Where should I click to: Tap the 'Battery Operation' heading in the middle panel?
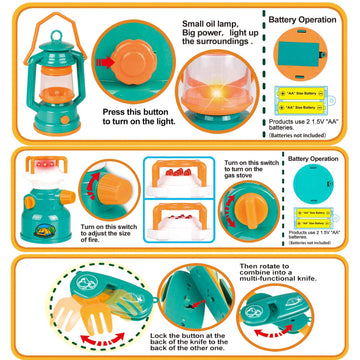coord(311,158)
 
